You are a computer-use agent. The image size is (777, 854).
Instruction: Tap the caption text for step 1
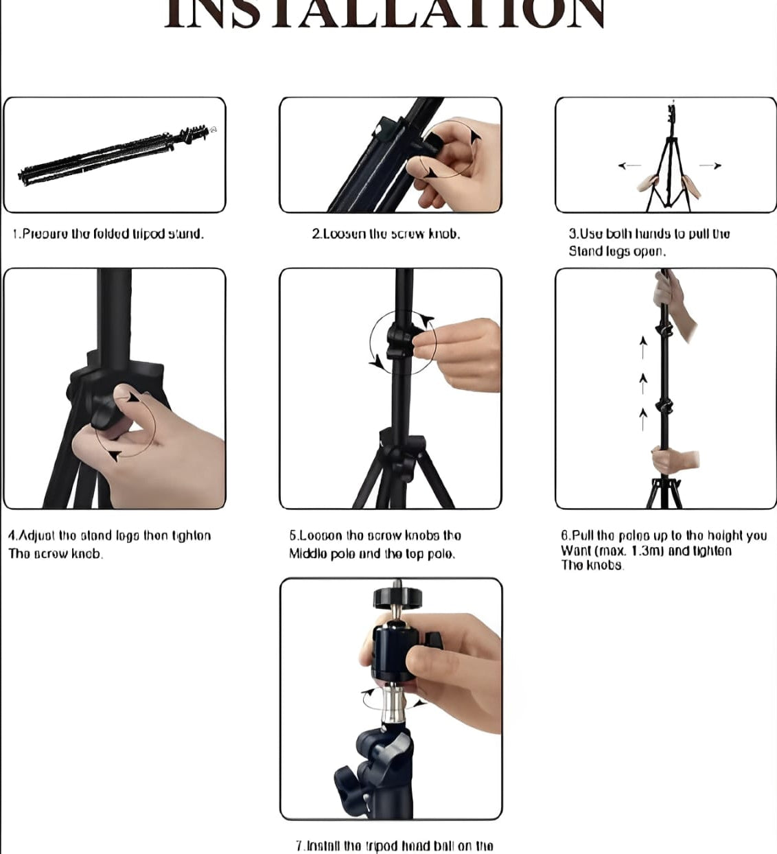pos(108,234)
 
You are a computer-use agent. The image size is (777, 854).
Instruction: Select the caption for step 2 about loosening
pos(386,234)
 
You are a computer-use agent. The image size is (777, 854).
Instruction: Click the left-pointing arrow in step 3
pos(629,165)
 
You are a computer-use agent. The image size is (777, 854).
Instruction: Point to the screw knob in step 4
pos(103,411)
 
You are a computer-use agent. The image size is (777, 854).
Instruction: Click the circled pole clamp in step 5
pos(399,341)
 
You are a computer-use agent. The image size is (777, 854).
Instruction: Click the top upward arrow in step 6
pos(643,347)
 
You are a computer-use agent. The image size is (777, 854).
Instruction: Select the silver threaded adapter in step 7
pos(393,704)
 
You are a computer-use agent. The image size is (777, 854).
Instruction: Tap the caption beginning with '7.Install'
pos(394,846)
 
